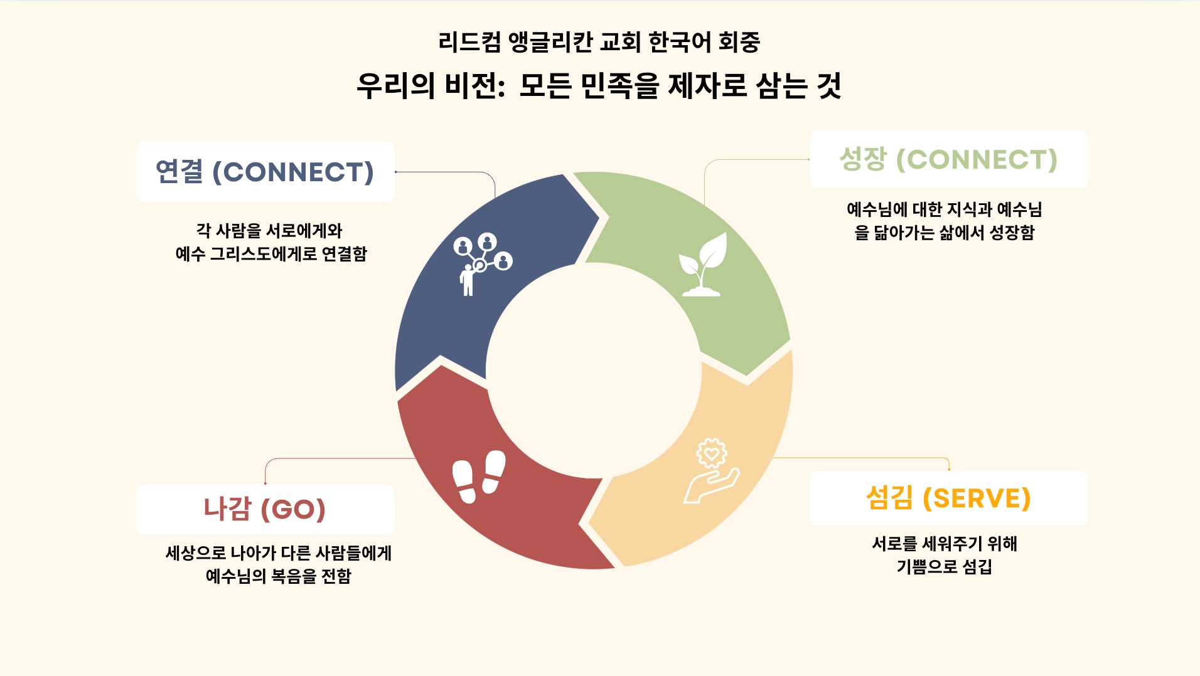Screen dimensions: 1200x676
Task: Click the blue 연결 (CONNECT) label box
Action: point(265,171)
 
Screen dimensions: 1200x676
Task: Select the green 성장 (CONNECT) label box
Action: point(948,159)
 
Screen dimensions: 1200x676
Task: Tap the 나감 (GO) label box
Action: point(265,509)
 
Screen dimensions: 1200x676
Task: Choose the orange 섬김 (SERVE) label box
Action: point(948,499)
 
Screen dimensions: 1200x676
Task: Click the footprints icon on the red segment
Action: point(479,476)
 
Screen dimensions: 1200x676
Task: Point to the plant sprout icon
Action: point(702,264)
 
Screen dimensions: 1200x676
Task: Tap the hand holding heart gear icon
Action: point(711,470)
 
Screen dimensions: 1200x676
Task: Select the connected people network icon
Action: point(483,264)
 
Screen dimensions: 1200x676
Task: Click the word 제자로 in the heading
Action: point(707,86)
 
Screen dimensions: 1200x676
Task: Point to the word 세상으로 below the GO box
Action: point(195,553)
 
